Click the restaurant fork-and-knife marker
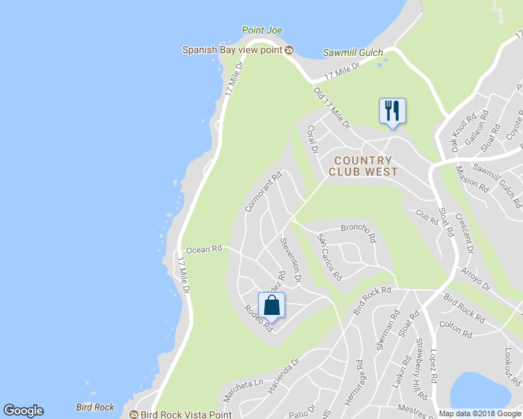392,111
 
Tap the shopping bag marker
272,305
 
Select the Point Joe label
261,31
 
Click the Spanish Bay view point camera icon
289,50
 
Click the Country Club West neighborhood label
363,166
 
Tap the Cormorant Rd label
263,192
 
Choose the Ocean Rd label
204,249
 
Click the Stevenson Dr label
290,260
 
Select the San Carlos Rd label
329,256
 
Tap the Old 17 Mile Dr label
331,108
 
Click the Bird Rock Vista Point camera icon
134,414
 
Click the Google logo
23,411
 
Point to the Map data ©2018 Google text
480,413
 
